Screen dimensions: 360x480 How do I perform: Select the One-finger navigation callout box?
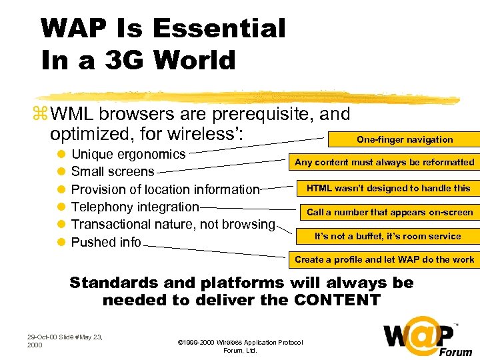[x=404, y=139]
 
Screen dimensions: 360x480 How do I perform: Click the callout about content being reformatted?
[x=385, y=162]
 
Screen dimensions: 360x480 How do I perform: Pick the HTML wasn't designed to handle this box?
[x=388, y=188]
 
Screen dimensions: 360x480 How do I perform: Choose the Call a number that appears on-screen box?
[x=389, y=212]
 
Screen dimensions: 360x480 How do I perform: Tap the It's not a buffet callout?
[x=387, y=236]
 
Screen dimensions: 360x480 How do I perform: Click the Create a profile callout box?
[x=385, y=259]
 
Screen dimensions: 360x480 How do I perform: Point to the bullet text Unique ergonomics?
[x=128, y=154]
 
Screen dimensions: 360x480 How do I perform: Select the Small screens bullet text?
[x=112, y=171]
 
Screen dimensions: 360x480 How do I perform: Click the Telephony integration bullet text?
[x=135, y=207]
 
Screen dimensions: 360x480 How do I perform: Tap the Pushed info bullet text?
[x=106, y=242]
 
